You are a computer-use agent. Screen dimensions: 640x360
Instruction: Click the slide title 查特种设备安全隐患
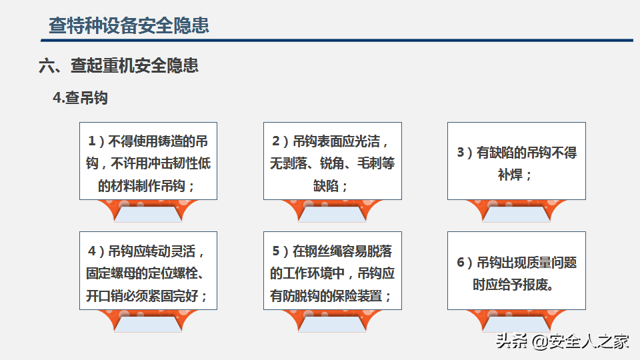[x=129, y=25]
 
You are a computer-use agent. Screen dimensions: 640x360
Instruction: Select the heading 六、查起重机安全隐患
[x=119, y=66]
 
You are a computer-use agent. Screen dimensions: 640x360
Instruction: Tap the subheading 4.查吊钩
[x=81, y=98]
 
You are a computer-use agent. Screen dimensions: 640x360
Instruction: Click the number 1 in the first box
[x=92, y=141]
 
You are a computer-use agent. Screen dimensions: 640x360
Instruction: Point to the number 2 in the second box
[x=276, y=141]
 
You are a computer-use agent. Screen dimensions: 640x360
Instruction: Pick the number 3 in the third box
[x=461, y=153]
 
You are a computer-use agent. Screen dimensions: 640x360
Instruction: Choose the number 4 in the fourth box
[x=92, y=251]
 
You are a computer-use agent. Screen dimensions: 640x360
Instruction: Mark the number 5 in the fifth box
[x=276, y=251]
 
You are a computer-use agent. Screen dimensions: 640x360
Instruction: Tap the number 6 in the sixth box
[x=461, y=263]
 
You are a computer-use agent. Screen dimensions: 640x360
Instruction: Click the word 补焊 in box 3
[x=510, y=175]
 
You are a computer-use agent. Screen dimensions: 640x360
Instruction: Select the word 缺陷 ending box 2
[x=326, y=186]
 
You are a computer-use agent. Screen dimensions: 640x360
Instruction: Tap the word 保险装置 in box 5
[x=357, y=296]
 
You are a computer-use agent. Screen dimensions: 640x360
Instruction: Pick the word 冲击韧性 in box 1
[x=161, y=164]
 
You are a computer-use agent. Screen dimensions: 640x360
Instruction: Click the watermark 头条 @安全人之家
[x=562, y=341]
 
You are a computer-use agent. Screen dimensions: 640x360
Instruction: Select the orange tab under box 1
[x=148, y=211]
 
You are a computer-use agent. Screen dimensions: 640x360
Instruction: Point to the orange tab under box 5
[x=332, y=321]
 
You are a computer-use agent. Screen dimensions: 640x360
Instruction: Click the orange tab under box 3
[x=516, y=211]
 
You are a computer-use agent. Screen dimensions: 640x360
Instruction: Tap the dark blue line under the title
[x=337, y=41]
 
